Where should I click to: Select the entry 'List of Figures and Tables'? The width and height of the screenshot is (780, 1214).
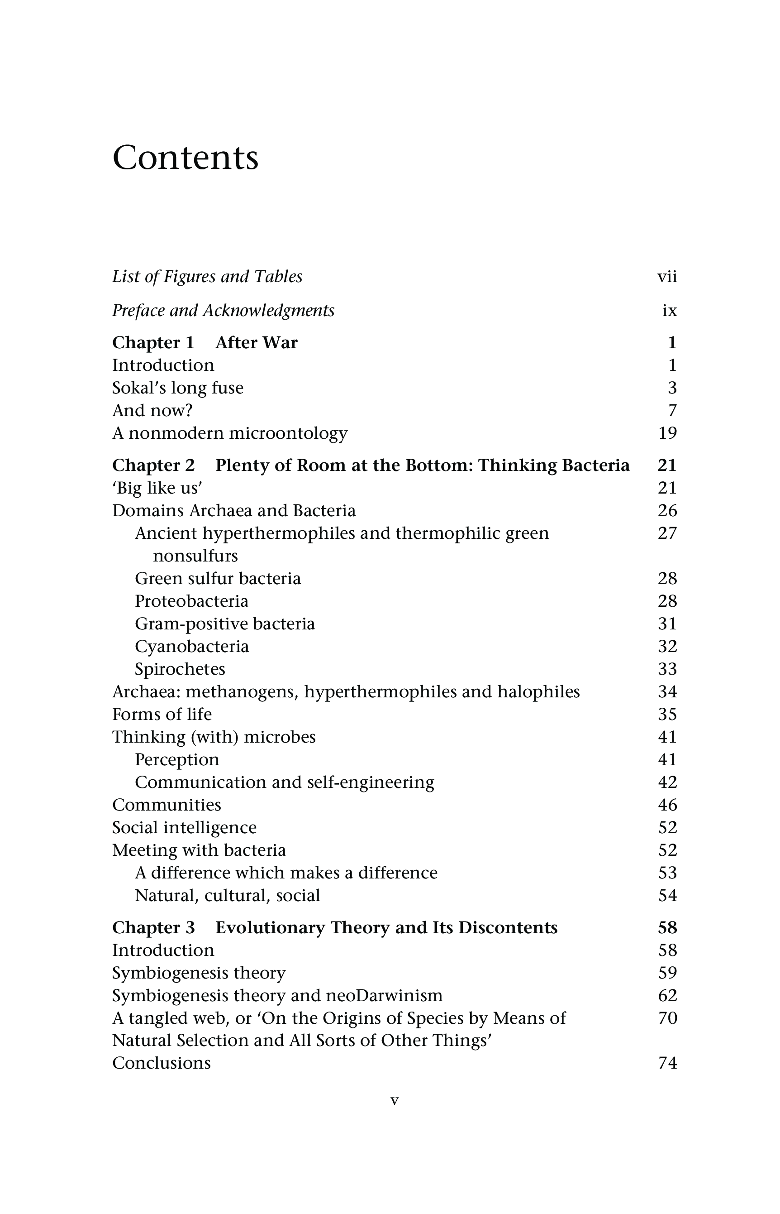[x=207, y=277]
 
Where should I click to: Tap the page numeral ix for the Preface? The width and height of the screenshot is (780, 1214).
[x=669, y=310]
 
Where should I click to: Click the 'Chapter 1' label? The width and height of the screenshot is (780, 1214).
[x=153, y=343]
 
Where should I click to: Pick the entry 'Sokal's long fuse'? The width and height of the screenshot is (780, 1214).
[x=178, y=388]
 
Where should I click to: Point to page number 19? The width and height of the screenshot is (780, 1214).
[x=667, y=433]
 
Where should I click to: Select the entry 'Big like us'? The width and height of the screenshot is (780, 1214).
[x=157, y=488]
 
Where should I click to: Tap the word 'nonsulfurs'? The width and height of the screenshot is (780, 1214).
[x=195, y=556]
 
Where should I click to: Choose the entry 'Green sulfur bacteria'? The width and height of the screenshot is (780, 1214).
[x=218, y=579]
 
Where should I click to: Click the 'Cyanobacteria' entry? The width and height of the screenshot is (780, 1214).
[x=192, y=647]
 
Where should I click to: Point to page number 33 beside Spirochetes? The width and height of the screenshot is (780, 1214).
[x=667, y=670]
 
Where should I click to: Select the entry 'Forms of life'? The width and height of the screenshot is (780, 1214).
[x=162, y=715]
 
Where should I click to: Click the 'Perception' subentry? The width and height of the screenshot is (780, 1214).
[x=177, y=760]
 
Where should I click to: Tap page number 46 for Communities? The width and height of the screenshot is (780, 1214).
[x=667, y=805]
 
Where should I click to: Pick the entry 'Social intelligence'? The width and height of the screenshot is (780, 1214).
[x=184, y=828]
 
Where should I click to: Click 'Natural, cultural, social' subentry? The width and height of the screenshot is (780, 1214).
[x=228, y=896]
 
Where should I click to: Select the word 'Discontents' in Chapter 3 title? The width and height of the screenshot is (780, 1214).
[x=508, y=928]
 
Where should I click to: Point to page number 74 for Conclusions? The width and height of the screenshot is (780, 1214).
[x=667, y=1063]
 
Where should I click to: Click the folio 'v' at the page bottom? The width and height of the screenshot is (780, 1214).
[x=395, y=1101]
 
